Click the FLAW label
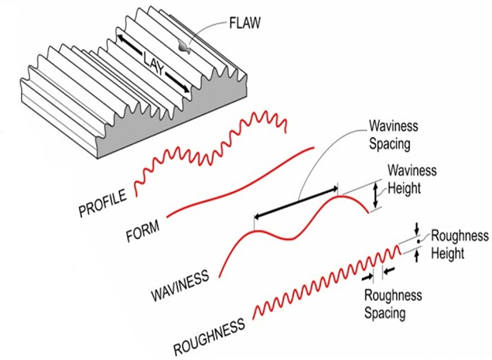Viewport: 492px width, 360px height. (244, 23)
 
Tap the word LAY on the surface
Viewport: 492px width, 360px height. (154, 62)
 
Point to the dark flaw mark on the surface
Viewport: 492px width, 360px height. (183, 47)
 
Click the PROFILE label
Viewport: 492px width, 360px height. (102, 203)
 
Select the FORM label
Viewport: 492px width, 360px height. (143, 231)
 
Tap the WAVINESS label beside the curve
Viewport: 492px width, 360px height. (180, 284)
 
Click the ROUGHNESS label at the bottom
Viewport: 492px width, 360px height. (209, 336)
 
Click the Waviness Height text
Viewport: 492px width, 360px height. (412, 180)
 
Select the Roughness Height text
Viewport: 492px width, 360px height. (460, 244)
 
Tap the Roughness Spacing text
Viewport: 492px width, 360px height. (393, 304)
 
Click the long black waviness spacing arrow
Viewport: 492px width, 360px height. (296, 202)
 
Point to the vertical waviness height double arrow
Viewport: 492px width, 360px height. (375, 195)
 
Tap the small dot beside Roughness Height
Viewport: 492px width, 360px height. (418, 241)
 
